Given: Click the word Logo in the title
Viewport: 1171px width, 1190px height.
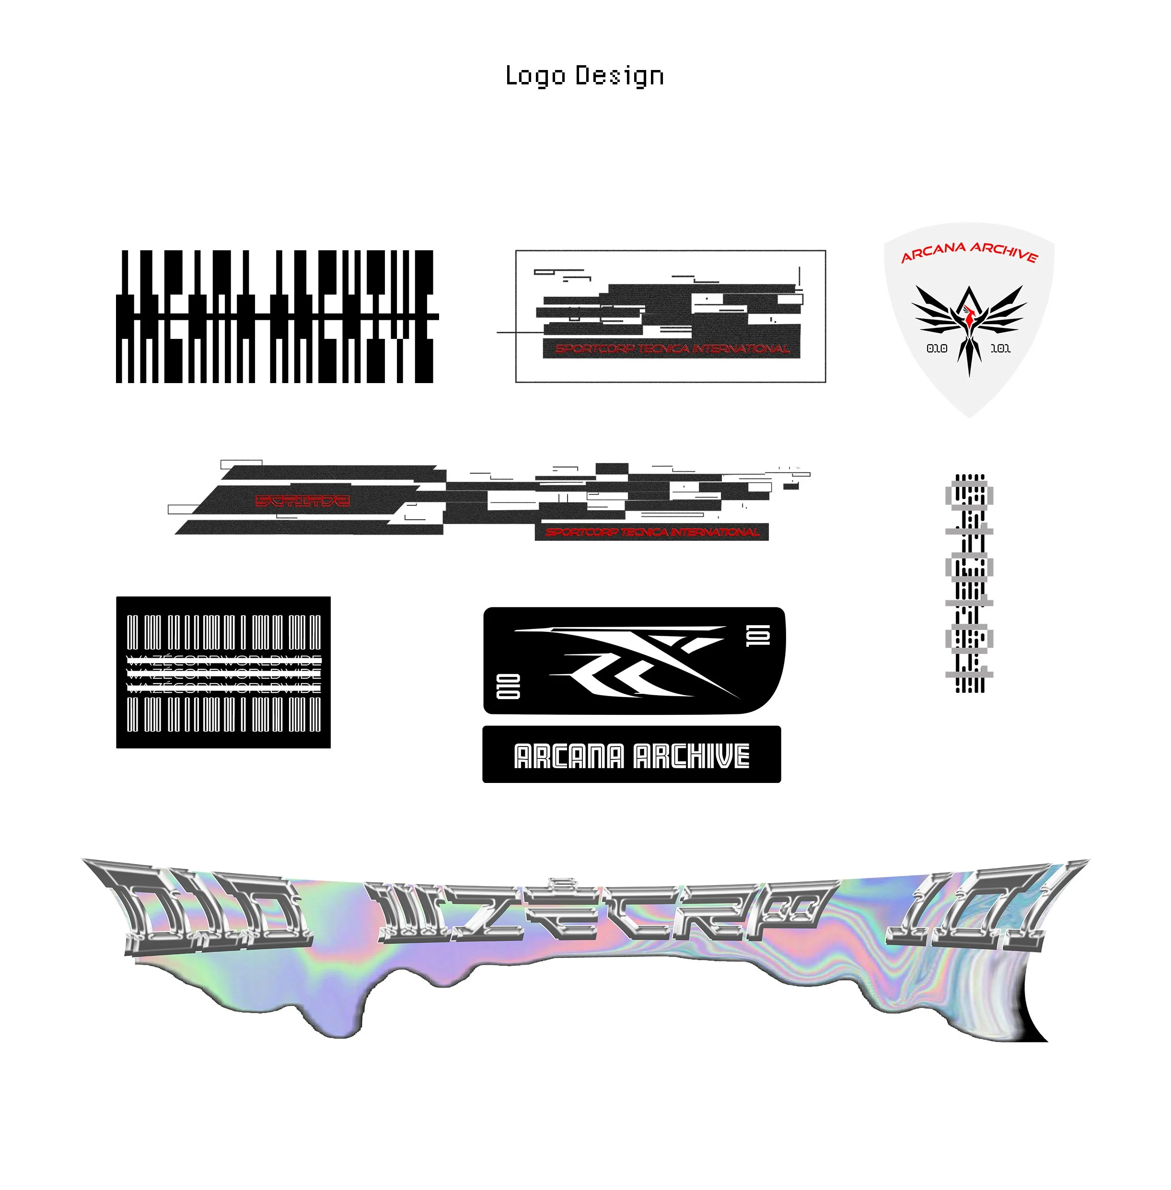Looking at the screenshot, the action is [x=534, y=76].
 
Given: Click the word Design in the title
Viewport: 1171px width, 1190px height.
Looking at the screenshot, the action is [x=619, y=77].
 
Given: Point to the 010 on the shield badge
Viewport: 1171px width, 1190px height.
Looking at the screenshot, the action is [x=937, y=348].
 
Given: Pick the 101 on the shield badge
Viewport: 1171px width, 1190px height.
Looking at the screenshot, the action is [x=1000, y=348].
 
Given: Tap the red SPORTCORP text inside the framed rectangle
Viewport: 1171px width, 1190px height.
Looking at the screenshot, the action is [x=672, y=349].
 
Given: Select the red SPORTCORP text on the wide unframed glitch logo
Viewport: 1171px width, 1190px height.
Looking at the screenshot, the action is [x=652, y=532].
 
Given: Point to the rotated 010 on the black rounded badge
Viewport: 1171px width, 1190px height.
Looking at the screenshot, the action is [x=508, y=686].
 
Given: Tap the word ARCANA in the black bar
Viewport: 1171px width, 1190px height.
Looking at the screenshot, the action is [x=568, y=756].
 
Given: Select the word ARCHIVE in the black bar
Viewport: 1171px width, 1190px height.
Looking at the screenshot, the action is [x=691, y=756].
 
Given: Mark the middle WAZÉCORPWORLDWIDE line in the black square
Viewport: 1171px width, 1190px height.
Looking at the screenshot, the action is [x=223, y=673].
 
